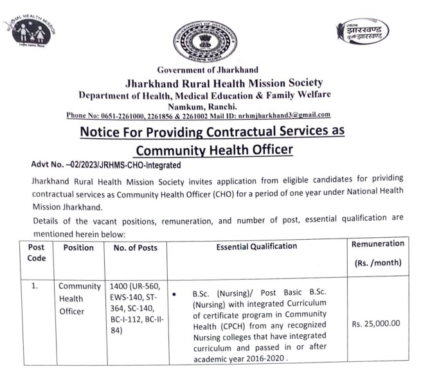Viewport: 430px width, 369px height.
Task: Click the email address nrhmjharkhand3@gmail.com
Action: (x=289, y=115)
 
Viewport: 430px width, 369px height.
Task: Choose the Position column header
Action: (x=78, y=248)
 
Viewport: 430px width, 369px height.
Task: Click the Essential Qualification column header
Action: (x=256, y=246)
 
